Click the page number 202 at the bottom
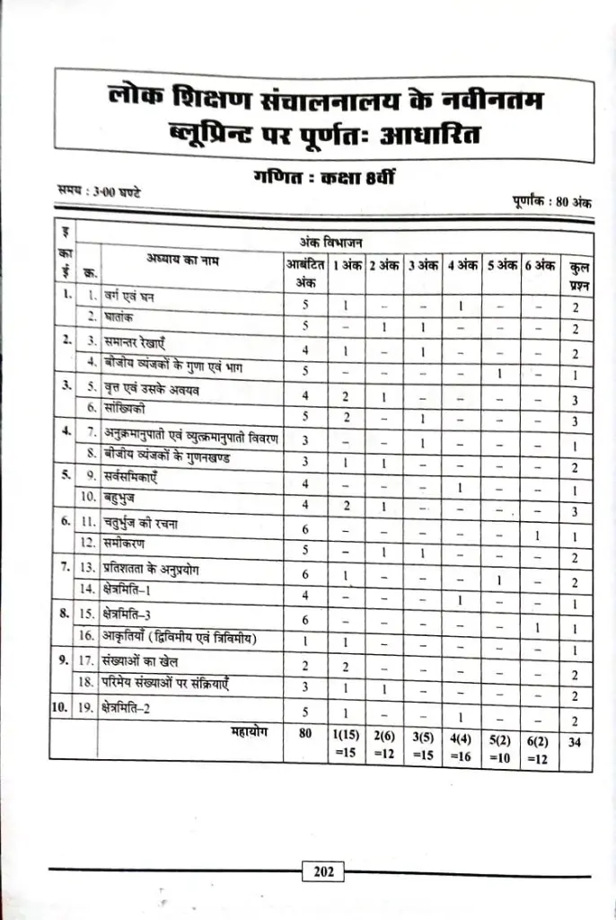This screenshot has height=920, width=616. click(324, 871)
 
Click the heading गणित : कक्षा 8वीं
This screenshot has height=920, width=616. click(322, 178)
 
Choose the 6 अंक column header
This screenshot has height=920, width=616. click(541, 266)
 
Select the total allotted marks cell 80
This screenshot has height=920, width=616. click(304, 733)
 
